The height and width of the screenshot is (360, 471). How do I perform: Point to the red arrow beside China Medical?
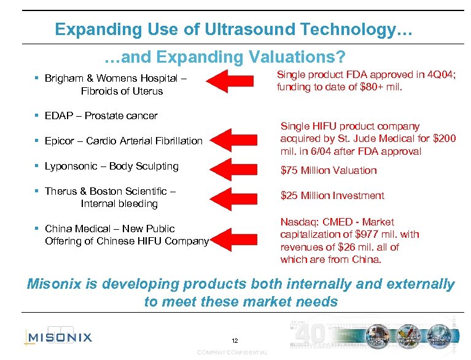tap(235, 238)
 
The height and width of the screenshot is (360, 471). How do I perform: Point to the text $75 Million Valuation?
tap(329, 170)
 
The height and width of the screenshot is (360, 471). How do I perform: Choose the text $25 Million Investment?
tap(332, 195)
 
